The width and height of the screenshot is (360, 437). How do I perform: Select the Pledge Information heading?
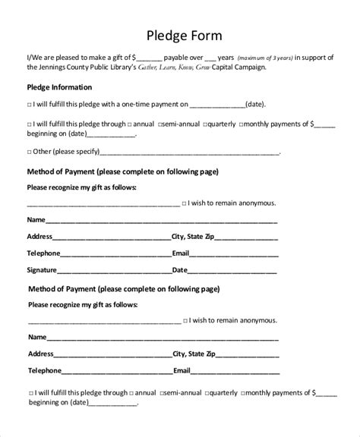tap(60, 87)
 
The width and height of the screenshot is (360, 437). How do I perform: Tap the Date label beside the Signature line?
tap(180, 269)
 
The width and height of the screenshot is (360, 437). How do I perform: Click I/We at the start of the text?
tap(35, 57)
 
